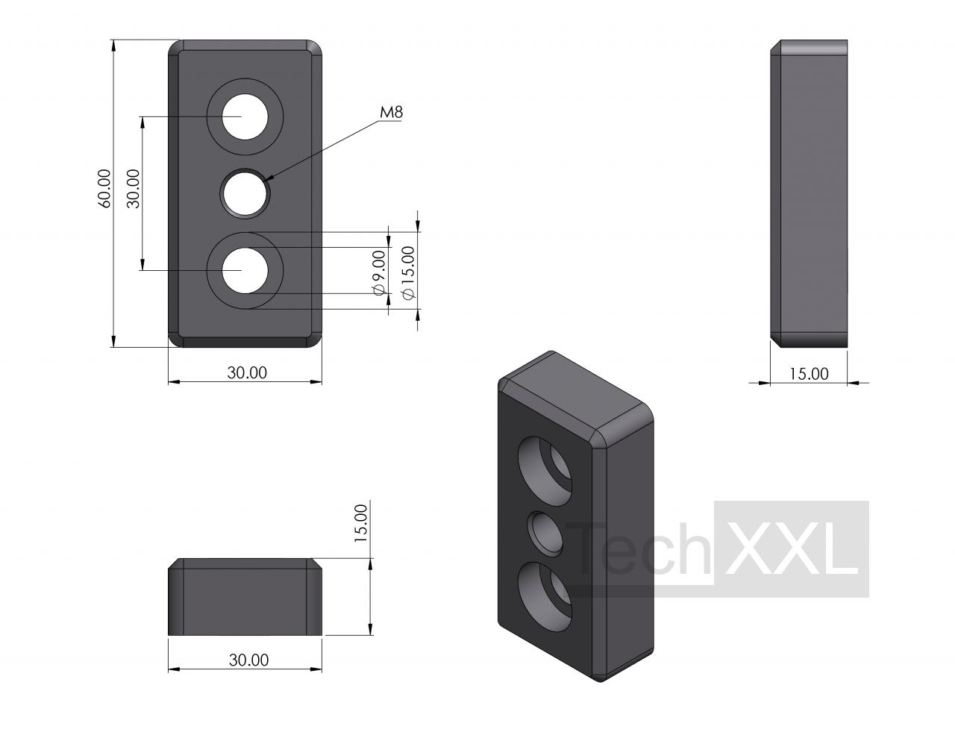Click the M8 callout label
click(391, 113)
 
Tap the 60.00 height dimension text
click(104, 188)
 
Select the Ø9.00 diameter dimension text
click(379, 272)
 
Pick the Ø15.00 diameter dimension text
click(408, 272)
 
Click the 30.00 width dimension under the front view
click(247, 373)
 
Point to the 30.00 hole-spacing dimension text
click(133, 188)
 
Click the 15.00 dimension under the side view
click(809, 374)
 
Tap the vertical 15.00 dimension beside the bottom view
click(361, 523)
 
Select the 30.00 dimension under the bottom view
click(248, 660)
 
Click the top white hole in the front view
click(245, 117)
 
